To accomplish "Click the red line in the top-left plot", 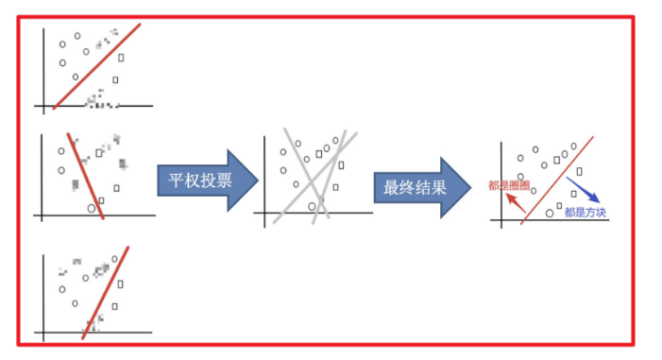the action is pos(97,65).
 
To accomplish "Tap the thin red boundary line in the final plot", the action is pos(557,180).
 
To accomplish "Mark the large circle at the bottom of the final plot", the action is pos(550,214).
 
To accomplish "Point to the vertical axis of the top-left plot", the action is pos(43,66).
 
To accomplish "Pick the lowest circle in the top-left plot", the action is pos(76,77).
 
